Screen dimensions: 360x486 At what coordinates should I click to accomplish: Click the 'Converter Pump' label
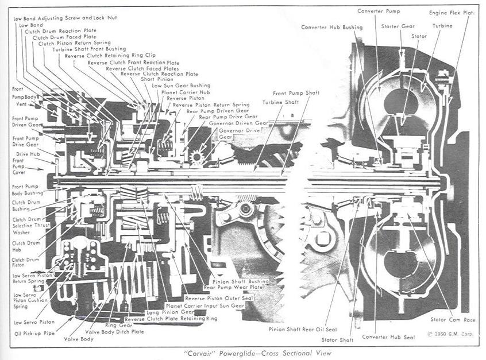(376, 11)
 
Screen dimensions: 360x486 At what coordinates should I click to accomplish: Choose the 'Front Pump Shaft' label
(295, 92)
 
